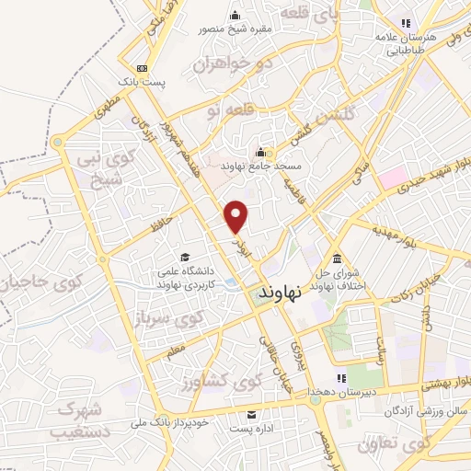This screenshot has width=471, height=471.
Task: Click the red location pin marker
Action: (237, 217)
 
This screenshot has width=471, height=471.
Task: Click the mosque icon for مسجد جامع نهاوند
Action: (260, 153)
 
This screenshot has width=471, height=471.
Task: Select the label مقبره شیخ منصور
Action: (235, 29)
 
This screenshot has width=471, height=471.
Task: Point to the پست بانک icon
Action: (142, 68)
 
